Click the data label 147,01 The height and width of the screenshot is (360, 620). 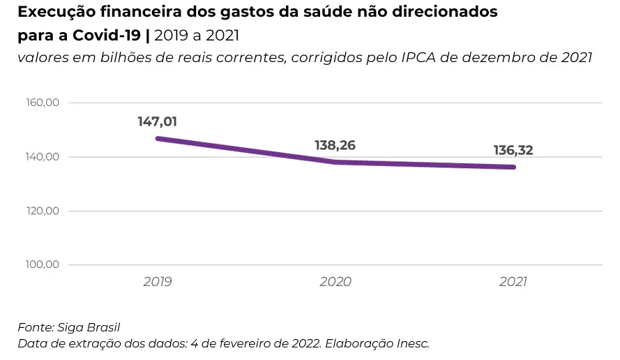pyautogui.click(x=157, y=122)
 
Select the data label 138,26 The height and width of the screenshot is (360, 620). pyautogui.click(x=335, y=146)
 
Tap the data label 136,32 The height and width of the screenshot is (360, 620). pyautogui.click(x=513, y=150)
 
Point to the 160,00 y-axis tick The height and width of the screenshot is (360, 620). pyautogui.click(x=43, y=103)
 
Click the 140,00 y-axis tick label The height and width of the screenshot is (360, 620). pyautogui.click(x=43, y=157)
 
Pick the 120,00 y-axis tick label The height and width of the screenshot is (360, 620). pyautogui.click(x=43, y=211)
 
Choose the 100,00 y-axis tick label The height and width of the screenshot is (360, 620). pyautogui.click(x=43, y=265)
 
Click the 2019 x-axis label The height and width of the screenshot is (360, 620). pyautogui.click(x=158, y=283)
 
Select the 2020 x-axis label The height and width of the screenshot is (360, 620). pyautogui.click(x=335, y=283)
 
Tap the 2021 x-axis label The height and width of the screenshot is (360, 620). pyautogui.click(x=513, y=283)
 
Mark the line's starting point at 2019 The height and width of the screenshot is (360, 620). pyautogui.click(x=158, y=138)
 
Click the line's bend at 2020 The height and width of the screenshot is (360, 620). pyautogui.click(x=335, y=162)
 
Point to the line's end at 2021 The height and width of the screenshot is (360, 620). pyautogui.click(x=514, y=167)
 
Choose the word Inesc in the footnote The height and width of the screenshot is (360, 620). pyautogui.click(x=411, y=343)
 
